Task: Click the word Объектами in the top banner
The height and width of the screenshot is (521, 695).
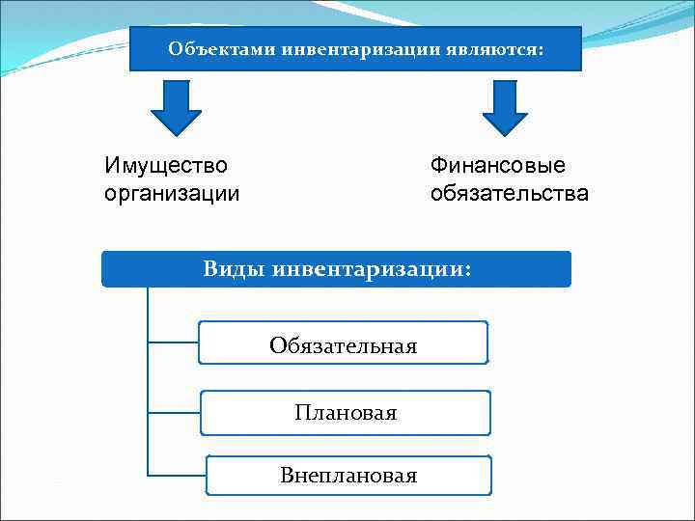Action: click(221, 48)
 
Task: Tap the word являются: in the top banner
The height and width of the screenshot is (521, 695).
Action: click(498, 48)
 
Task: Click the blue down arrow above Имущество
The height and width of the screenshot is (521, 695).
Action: click(176, 108)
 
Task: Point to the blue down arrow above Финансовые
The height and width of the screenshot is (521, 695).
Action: click(505, 108)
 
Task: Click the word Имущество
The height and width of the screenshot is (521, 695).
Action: click(166, 166)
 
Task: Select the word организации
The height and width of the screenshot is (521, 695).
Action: click(172, 193)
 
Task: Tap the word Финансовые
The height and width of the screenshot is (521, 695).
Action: click(498, 166)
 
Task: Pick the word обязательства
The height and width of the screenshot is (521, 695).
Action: click(510, 193)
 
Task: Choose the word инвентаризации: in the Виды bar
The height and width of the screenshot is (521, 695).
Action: click(373, 269)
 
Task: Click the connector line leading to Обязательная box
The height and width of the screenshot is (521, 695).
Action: click(174, 342)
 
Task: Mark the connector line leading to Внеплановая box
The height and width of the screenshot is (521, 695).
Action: click(177, 474)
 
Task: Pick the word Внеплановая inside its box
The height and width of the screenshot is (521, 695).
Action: click(348, 476)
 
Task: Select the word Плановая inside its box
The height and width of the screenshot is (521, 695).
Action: click(346, 413)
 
